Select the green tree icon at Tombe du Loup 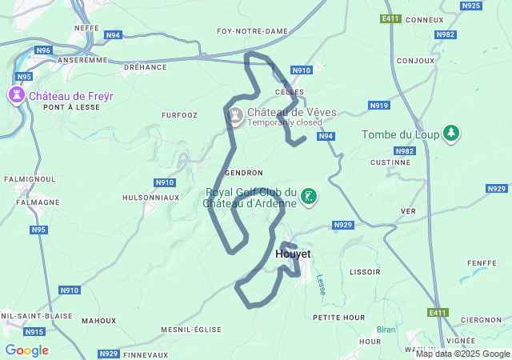(x=452, y=134)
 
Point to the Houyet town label (x=292, y=254)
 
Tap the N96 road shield (x=43, y=50)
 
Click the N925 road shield (x=471, y=6)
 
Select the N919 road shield (x=378, y=106)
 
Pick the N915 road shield (x=34, y=331)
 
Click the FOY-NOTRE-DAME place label (x=252, y=31)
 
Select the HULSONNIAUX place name (x=150, y=197)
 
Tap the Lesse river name (x=321, y=285)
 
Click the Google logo (x=26, y=350)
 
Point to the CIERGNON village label (x=482, y=320)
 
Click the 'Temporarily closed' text (x=285, y=123)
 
